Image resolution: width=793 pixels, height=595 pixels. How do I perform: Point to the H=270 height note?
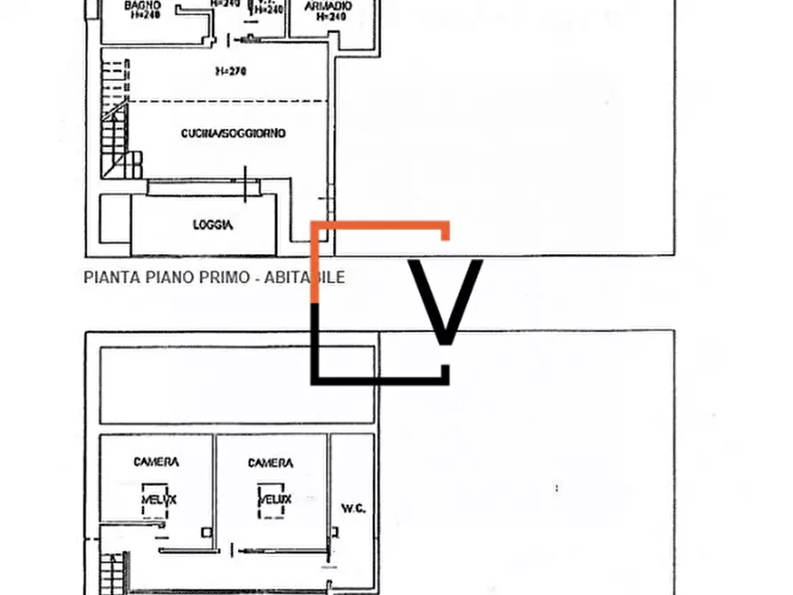point(230,71)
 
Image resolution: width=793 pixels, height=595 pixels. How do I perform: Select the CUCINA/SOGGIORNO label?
point(233,133)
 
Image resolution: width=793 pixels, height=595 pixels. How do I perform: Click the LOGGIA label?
point(213,226)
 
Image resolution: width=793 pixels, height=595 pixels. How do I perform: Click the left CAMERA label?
point(156,462)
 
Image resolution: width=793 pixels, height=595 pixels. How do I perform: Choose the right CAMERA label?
point(270,463)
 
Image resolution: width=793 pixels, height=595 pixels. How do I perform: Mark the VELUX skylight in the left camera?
point(158,500)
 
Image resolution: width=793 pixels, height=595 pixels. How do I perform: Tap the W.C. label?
point(353,508)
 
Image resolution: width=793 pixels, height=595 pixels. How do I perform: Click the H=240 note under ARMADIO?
point(330,17)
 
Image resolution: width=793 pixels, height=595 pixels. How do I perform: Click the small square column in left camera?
point(206,532)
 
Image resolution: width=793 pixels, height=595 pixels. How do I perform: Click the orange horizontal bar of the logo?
point(382,227)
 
